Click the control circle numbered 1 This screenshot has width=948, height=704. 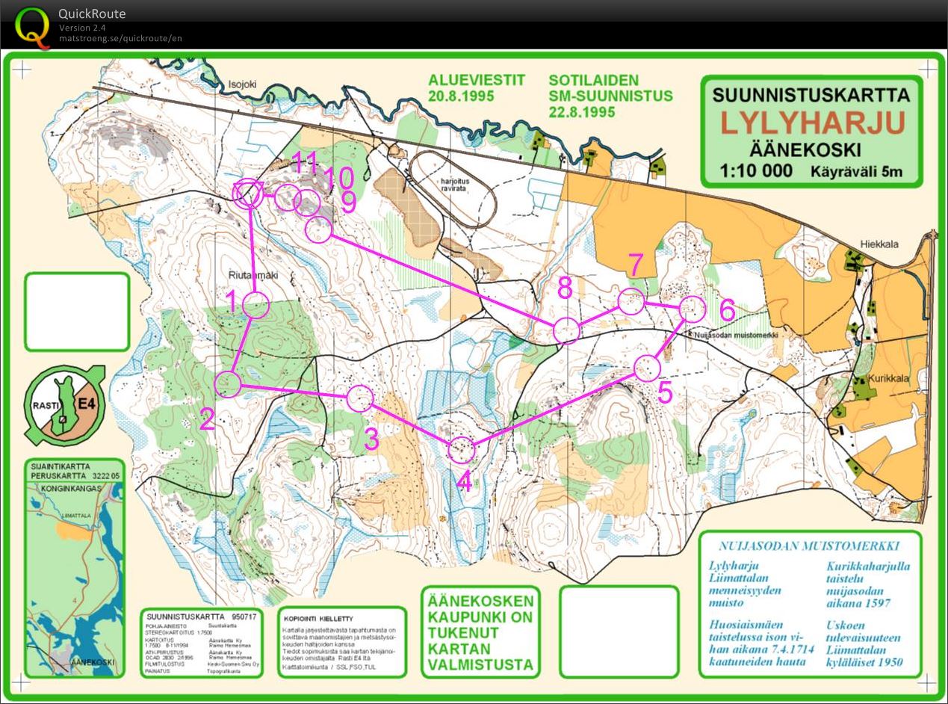[255, 305]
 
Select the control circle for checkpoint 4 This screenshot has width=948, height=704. [462, 449]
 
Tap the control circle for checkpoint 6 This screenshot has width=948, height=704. [693, 309]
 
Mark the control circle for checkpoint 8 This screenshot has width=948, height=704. [566, 330]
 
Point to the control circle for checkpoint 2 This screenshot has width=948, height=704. [228, 383]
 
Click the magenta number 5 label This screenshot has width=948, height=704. [665, 392]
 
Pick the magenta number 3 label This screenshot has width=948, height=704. [371, 439]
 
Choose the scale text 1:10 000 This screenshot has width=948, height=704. [756, 170]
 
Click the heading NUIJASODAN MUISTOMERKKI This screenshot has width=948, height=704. [809, 546]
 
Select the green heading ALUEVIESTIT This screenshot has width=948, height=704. [477, 80]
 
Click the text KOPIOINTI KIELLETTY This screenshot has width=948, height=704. [317, 619]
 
